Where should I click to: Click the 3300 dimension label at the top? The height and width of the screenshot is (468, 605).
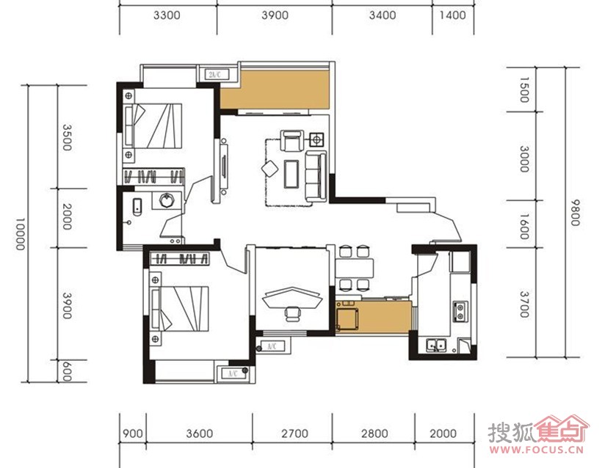coord(167,15)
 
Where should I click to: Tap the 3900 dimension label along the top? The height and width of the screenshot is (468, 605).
coord(275,15)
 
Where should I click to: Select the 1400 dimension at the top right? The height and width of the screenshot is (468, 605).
coord(452,15)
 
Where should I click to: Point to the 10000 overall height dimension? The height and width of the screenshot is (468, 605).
coord(20,234)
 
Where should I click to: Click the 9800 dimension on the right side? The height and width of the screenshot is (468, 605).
coord(575,213)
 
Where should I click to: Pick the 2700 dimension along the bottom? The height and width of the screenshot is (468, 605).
coord(294,434)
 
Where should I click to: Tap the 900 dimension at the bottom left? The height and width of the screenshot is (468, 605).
coord(132,434)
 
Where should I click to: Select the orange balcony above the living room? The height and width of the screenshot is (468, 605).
coord(275,89)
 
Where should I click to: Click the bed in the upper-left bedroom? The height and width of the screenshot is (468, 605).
coord(153,125)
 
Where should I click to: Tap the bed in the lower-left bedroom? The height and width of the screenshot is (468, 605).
coord(180,309)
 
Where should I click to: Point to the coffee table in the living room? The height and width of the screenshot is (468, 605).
coord(291,174)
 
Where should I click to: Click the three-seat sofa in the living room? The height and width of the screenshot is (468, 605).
coord(316,176)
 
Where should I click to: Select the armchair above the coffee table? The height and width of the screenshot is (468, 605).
coord(292,141)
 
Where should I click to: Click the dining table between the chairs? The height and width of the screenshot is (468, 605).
coord(355,268)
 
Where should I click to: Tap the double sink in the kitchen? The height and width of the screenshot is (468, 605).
coord(436,344)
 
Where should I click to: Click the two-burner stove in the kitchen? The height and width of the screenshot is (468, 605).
coord(460,312)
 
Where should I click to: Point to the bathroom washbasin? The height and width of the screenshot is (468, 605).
coord(167,201)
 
